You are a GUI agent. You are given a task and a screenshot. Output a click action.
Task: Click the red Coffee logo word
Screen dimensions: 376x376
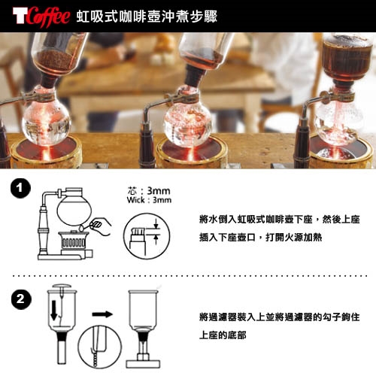47,16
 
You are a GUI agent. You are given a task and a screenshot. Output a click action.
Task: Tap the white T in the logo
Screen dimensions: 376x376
20,16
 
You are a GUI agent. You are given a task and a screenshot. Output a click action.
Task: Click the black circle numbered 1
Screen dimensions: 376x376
20,188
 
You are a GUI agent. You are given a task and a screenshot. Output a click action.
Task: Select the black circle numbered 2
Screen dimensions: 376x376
21,299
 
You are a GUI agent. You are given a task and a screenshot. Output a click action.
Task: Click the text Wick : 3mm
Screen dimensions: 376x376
149,200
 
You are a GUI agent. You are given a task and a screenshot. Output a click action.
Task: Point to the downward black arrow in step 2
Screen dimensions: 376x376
54,311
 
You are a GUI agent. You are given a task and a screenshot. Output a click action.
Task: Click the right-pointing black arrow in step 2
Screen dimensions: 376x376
102,314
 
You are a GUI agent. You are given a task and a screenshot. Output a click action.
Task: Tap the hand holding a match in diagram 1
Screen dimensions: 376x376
100,226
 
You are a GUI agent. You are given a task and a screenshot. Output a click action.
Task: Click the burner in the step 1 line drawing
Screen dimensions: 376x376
74,241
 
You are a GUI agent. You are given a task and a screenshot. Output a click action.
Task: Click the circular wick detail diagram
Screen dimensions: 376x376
147,236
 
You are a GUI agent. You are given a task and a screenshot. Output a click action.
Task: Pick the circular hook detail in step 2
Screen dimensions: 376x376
100,347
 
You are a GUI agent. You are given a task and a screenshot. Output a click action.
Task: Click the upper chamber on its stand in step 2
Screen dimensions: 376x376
144,329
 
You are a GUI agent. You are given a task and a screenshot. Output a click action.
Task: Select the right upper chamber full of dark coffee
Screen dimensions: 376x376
347,58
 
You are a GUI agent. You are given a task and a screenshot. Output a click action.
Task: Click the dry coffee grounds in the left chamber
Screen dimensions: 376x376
55,61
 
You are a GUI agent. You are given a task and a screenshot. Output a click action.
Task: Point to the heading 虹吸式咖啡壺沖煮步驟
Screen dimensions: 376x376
147,17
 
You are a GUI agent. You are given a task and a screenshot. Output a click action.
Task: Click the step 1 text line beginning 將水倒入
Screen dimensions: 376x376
280,220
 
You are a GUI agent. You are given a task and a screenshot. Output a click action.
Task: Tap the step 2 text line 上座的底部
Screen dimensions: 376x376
223,335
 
